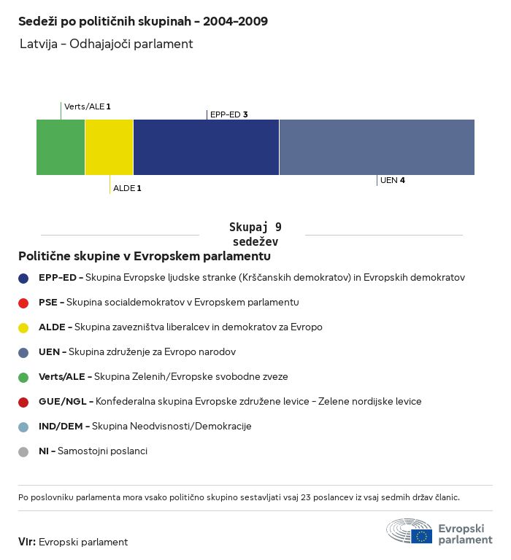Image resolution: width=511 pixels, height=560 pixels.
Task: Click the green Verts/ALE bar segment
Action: click(61, 147)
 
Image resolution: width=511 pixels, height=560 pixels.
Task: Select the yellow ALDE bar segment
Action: click(109, 147)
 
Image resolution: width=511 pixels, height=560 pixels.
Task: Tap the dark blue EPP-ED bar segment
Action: click(206, 147)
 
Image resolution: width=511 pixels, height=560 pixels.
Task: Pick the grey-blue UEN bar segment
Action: click(377, 147)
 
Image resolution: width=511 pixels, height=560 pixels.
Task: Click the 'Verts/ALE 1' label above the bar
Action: click(87, 107)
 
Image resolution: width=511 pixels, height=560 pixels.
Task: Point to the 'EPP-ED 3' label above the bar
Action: click(228, 114)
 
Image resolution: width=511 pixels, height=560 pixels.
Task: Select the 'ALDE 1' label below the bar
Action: click(127, 188)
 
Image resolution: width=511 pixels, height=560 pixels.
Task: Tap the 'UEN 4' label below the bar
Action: click(392, 180)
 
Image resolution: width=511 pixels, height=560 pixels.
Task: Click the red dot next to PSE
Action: click(23, 303)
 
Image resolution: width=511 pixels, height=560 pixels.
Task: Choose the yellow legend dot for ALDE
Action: click(23, 327)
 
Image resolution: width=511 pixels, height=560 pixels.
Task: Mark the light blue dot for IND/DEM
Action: click(23, 427)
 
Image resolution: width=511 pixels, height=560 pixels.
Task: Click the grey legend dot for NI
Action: click(23, 451)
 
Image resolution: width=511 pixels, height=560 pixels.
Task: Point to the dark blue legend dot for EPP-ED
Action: click(23, 278)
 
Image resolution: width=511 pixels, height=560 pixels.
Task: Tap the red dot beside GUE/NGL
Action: click(23, 402)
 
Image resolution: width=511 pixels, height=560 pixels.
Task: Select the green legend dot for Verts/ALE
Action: click(23, 377)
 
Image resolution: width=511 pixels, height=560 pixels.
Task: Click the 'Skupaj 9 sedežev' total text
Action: click(255, 234)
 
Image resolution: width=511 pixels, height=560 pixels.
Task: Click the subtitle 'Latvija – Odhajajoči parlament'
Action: click(107, 44)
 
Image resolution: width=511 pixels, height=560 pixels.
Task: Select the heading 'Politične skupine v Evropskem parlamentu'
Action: click(145, 257)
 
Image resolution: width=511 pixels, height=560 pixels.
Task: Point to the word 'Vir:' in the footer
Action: click(27, 542)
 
